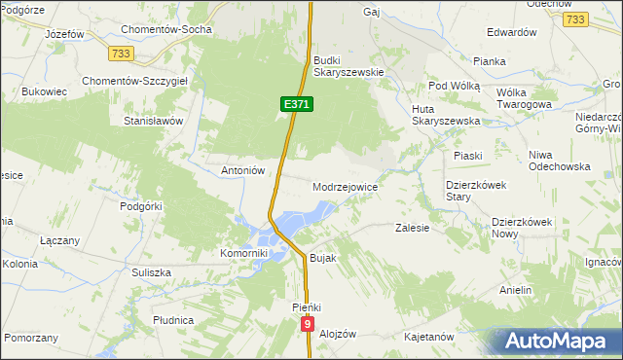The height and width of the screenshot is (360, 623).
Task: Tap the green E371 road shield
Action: coord(297,103)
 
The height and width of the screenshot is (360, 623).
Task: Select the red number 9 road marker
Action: coord(309,325)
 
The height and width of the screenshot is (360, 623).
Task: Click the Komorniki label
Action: coord(243,253)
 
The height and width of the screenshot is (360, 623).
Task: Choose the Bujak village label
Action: coord(322,259)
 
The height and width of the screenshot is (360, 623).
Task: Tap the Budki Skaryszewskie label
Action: coord(349,66)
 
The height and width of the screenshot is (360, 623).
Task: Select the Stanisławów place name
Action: coord(153,122)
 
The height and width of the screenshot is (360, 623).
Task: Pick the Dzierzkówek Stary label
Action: coord(471,190)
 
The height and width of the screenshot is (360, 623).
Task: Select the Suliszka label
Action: coord(151,273)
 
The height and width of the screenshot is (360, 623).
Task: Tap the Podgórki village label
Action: coord(140,206)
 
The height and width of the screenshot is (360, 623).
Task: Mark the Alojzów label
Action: coord(338,333)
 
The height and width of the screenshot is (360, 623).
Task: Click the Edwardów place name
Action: coord(512,32)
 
